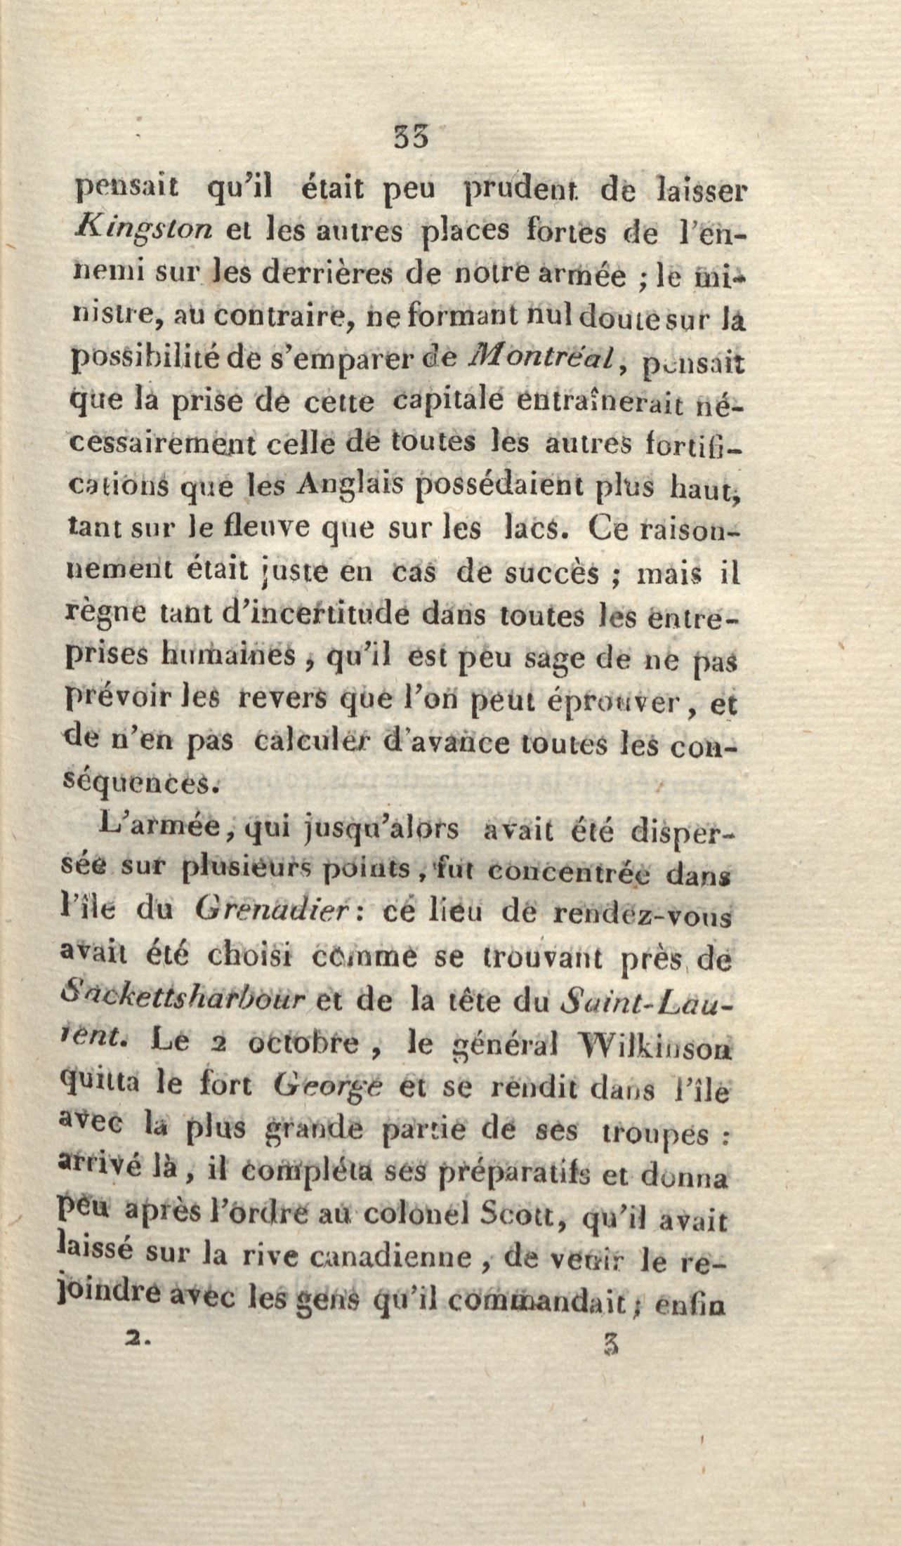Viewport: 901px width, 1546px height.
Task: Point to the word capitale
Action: click(x=447, y=402)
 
